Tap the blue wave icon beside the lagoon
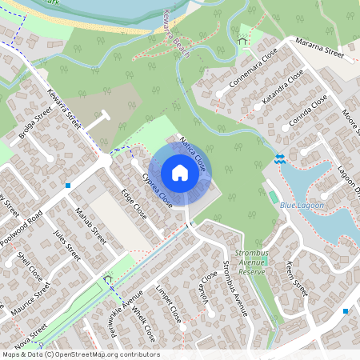point(279,158)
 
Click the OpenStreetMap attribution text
point(80,354)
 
